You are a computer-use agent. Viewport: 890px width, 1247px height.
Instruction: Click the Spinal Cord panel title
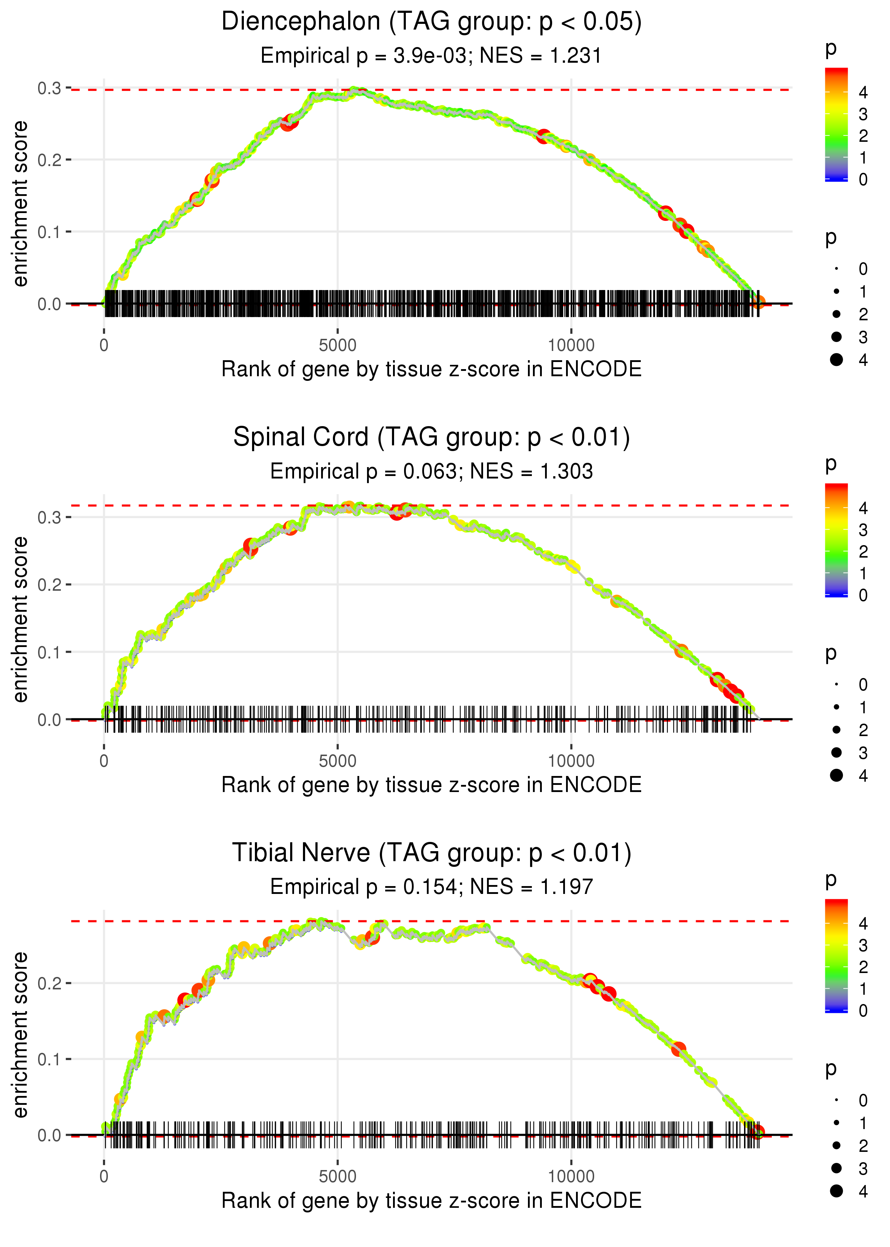pyautogui.click(x=431, y=438)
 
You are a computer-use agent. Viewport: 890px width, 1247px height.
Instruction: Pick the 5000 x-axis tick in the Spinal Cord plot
pyautogui.click(x=337, y=761)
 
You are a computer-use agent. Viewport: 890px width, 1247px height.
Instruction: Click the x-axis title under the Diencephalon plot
pyautogui.click(x=431, y=369)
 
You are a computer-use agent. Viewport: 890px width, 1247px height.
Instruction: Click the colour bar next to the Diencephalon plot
pyautogui.click(x=836, y=124)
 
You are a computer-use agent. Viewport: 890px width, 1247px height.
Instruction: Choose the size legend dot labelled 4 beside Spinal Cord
pyautogui.click(x=836, y=775)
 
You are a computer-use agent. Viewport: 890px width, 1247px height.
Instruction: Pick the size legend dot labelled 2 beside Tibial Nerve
pyautogui.click(x=836, y=1145)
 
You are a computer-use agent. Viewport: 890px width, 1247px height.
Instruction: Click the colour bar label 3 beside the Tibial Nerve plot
pyautogui.click(x=863, y=945)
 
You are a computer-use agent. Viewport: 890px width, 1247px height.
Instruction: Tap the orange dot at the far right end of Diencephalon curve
pyautogui.click(x=758, y=302)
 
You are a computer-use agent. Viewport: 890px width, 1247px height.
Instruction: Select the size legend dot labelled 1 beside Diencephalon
pyautogui.click(x=836, y=291)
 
